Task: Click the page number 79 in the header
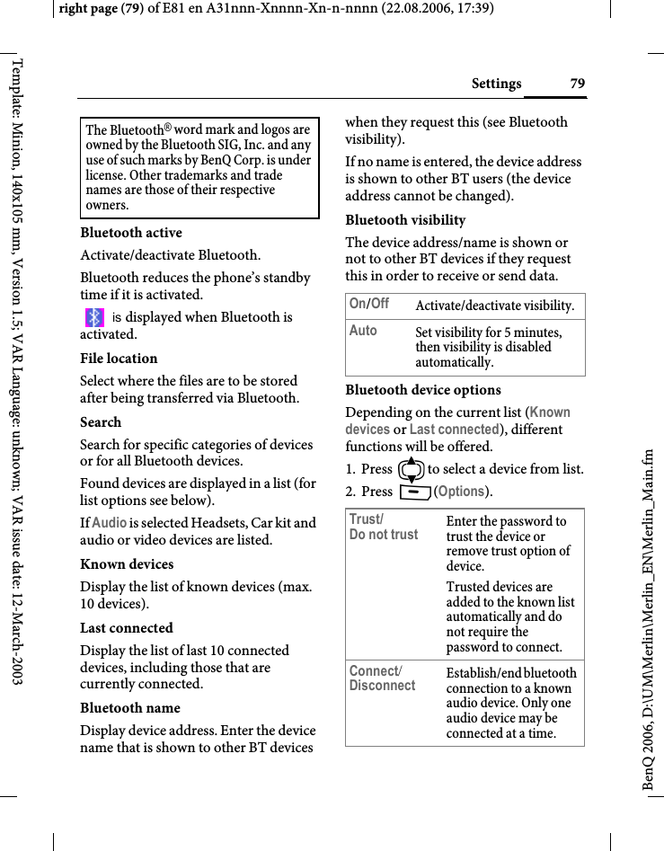(577, 84)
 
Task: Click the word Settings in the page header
(496, 84)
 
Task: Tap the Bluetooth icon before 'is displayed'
(94, 317)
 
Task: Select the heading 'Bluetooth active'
(131, 233)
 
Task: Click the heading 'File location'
(119, 359)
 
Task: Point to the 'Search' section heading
(101, 422)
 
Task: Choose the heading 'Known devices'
(127, 564)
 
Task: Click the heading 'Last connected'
(127, 628)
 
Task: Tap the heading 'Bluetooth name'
(130, 708)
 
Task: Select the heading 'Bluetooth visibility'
(405, 220)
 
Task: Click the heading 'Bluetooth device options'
(423, 390)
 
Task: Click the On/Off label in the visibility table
(368, 304)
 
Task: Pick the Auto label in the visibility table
(363, 331)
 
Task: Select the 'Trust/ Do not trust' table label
(384, 527)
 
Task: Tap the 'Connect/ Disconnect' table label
(382, 678)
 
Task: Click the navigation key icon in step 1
(412, 468)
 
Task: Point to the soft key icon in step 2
(415, 492)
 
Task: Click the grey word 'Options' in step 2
(463, 492)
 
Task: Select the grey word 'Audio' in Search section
(110, 523)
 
